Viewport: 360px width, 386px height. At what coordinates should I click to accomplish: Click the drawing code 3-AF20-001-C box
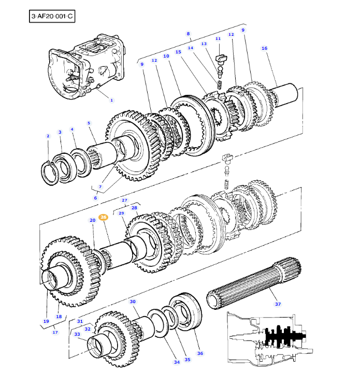pyautogui.click(x=52, y=17)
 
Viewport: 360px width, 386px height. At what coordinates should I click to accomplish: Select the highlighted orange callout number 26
pyautogui.click(x=103, y=218)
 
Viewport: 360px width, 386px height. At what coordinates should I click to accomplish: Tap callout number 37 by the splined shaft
pyautogui.click(x=278, y=304)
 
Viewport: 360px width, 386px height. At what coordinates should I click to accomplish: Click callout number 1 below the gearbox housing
pyautogui.click(x=111, y=100)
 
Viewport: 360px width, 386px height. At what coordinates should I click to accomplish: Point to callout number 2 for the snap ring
pyautogui.click(x=48, y=136)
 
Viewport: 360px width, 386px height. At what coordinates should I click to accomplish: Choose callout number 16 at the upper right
pyautogui.click(x=264, y=48)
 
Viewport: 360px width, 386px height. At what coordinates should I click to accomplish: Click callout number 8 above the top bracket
pyautogui.click(x=189, y=34)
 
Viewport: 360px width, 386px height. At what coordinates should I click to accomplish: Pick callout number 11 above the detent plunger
pyautogui.click(x=218, y=39)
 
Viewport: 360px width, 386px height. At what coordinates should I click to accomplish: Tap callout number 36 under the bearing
pyautogui.click(x=200, y=353)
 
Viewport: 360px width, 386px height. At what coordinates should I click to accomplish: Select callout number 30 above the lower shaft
pyautogui.click(x=133, y=302)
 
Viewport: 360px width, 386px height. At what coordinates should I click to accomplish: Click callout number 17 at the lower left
pyautogui.click(x=55, y=332)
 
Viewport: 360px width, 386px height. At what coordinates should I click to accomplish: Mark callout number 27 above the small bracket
pyautogui.click(x=124, y=200)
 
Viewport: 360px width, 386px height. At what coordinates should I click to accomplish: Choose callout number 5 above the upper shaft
pyautogui.click(x=89, y=123)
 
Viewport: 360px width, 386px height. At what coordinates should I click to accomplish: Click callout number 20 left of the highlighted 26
pyautogui.click(x=92, y=220)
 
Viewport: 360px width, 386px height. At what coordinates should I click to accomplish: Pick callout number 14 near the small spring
pyautogui.click(x=191, y=48)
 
